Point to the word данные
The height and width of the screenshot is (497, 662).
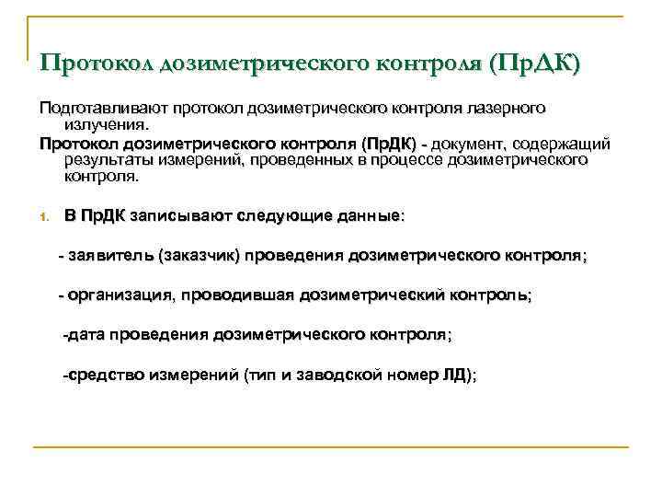pos(365,216)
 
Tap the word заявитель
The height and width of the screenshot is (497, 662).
pos(110,256)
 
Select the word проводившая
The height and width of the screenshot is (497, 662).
pos(234,295)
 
